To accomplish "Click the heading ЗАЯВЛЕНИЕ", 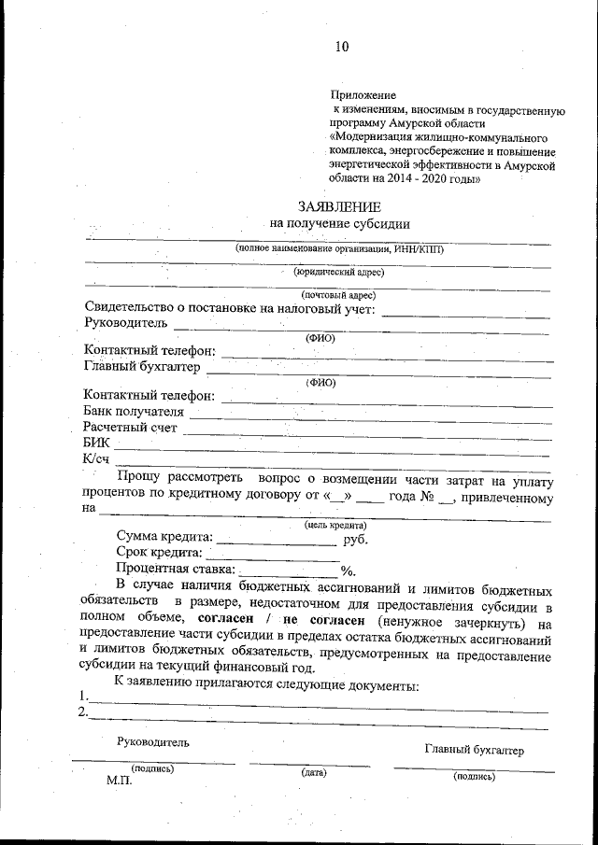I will point(339,206).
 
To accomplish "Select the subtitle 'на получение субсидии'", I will point(339,223).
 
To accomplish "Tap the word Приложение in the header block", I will point(363,95).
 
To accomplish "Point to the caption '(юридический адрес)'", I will point(338,272).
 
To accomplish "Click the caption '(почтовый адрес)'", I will point(338,295).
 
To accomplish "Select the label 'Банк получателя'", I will point(134,411).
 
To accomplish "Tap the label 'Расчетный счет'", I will point(130,427).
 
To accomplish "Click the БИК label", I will point(96,443).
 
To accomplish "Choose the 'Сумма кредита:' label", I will point(164,538).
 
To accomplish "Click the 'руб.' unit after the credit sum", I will point(356,539).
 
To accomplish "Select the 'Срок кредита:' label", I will point(159,554).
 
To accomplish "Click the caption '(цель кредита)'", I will point(335,526).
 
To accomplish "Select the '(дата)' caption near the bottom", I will point(313,772).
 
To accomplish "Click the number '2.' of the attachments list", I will point(84,712).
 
